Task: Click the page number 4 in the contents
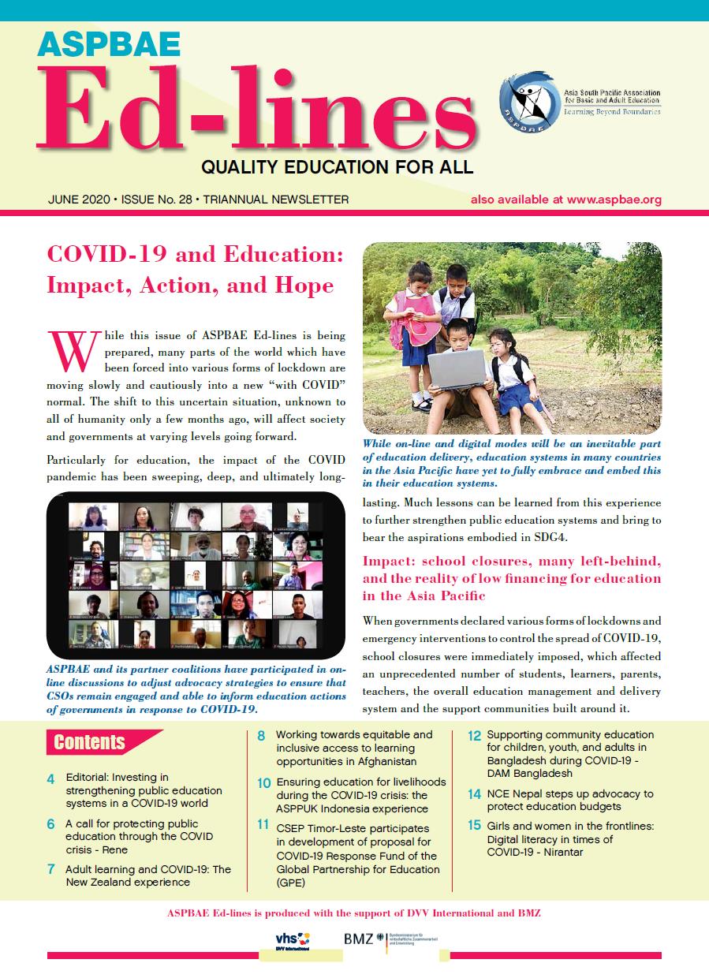point(50,779)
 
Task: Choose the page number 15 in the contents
point(474,826)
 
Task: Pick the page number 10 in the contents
point(264,783)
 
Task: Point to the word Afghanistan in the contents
point(379,762)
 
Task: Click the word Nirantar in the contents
point(558,853)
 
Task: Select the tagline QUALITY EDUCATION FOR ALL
point(337,167)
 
